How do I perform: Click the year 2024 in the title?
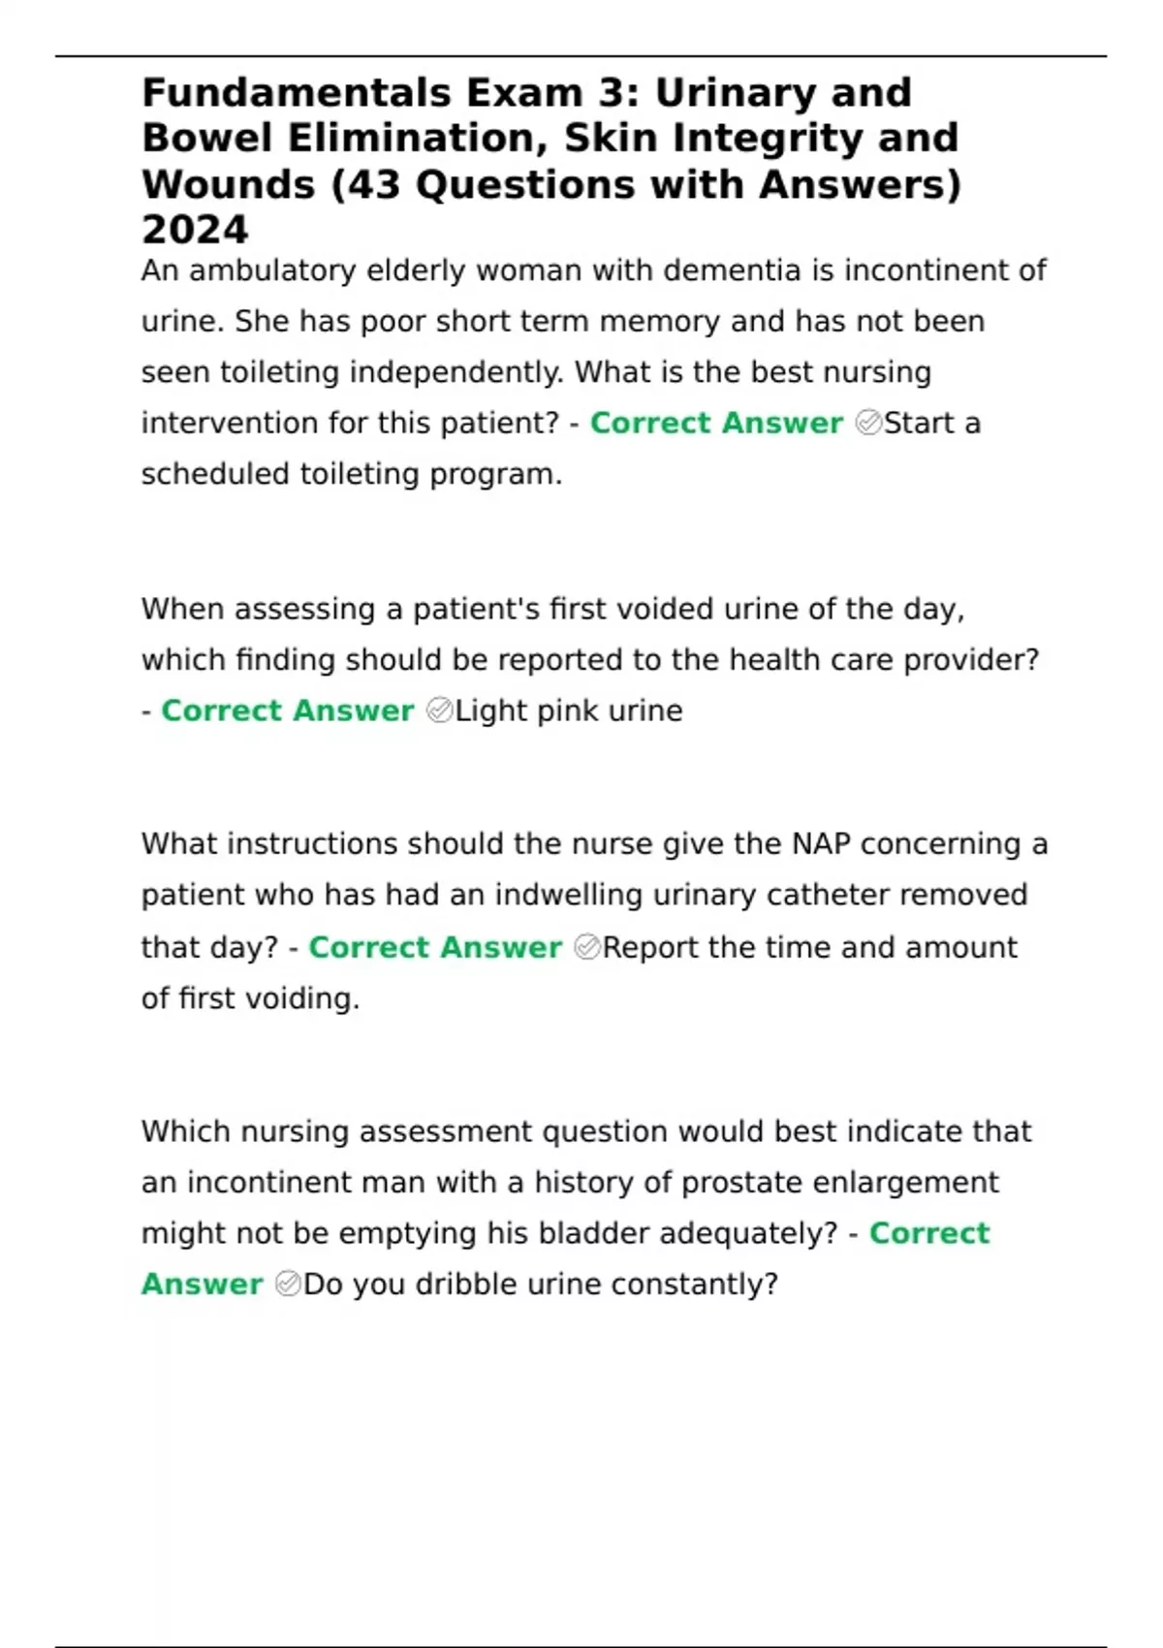[x=195, y=231]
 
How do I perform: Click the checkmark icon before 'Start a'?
[x=868, y=423]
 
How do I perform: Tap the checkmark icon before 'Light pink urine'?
[x=439, y=711]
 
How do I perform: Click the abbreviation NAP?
[x=821, y=844]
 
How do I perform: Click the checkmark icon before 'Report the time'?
[x=587, y=947]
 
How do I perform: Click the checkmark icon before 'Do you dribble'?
[x=288, y=1284]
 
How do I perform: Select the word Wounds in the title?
[x=228, y=185]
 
